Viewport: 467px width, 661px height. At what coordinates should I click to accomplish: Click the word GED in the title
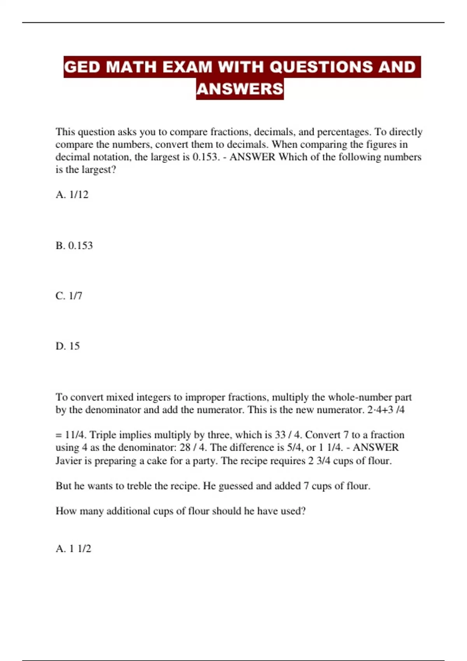82,67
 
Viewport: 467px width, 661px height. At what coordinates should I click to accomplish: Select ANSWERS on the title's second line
240,89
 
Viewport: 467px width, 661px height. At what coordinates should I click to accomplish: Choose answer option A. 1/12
72,194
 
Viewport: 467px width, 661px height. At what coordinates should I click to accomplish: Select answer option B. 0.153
74,245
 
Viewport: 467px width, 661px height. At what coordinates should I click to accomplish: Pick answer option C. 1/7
69,296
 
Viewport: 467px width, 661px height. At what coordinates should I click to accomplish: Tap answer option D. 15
68,346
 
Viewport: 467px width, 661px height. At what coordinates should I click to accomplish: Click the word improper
205,397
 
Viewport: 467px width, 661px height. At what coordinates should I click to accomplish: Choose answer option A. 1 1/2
74,549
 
